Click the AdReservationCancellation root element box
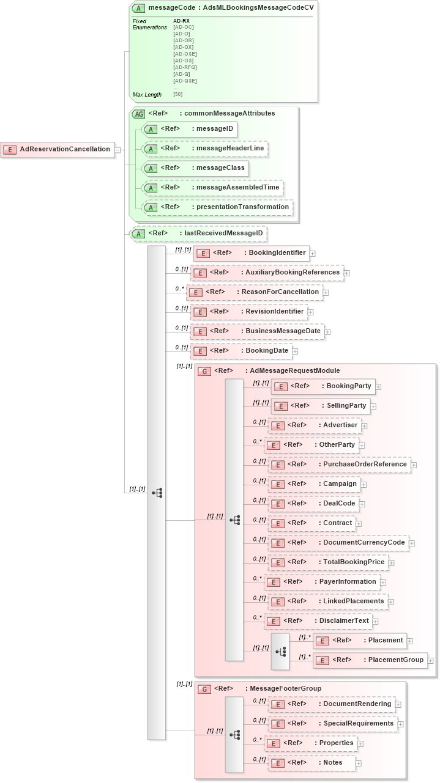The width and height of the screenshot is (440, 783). [58, 149]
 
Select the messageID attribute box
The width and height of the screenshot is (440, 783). [189, 129]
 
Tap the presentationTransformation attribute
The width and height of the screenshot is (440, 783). [217, 207]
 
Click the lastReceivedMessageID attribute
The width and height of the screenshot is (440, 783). [199, 233]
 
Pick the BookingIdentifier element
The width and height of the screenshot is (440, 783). [252, 252]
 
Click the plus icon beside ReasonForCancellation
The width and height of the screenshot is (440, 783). [326, 293]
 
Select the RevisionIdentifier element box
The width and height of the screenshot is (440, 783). [249, 312]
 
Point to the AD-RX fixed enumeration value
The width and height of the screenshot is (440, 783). [181, 21]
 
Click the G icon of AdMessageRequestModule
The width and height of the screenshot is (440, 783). [205, 371]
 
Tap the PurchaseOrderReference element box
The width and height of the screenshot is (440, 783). [339, 465]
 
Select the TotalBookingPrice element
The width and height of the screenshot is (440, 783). [328, 562]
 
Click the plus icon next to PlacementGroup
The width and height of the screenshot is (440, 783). [431, 661]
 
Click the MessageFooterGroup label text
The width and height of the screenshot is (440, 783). [285, 688]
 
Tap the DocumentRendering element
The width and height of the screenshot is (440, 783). [332, 704]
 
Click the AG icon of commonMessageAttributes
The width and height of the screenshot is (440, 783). [139, 114]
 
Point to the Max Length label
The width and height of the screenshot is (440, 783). [147, 95]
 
